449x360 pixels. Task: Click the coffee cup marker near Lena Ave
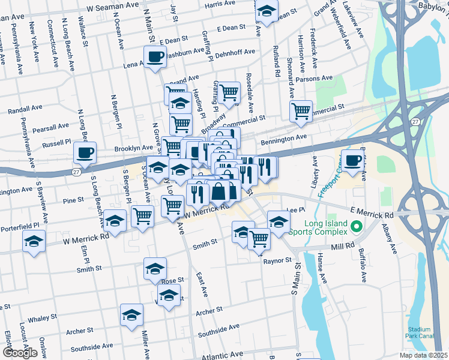(155, 58)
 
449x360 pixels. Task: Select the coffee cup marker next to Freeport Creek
(354, 160)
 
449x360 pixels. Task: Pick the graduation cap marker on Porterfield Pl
(34, 242)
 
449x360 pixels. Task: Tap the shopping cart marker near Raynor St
(259, 238)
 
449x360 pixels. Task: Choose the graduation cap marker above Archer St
(132, 315)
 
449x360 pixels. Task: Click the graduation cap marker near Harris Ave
(267, 12)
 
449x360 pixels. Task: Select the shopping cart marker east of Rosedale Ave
(301, 111)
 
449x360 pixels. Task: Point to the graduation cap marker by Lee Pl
(278, 221)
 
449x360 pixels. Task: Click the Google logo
(20, 352)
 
